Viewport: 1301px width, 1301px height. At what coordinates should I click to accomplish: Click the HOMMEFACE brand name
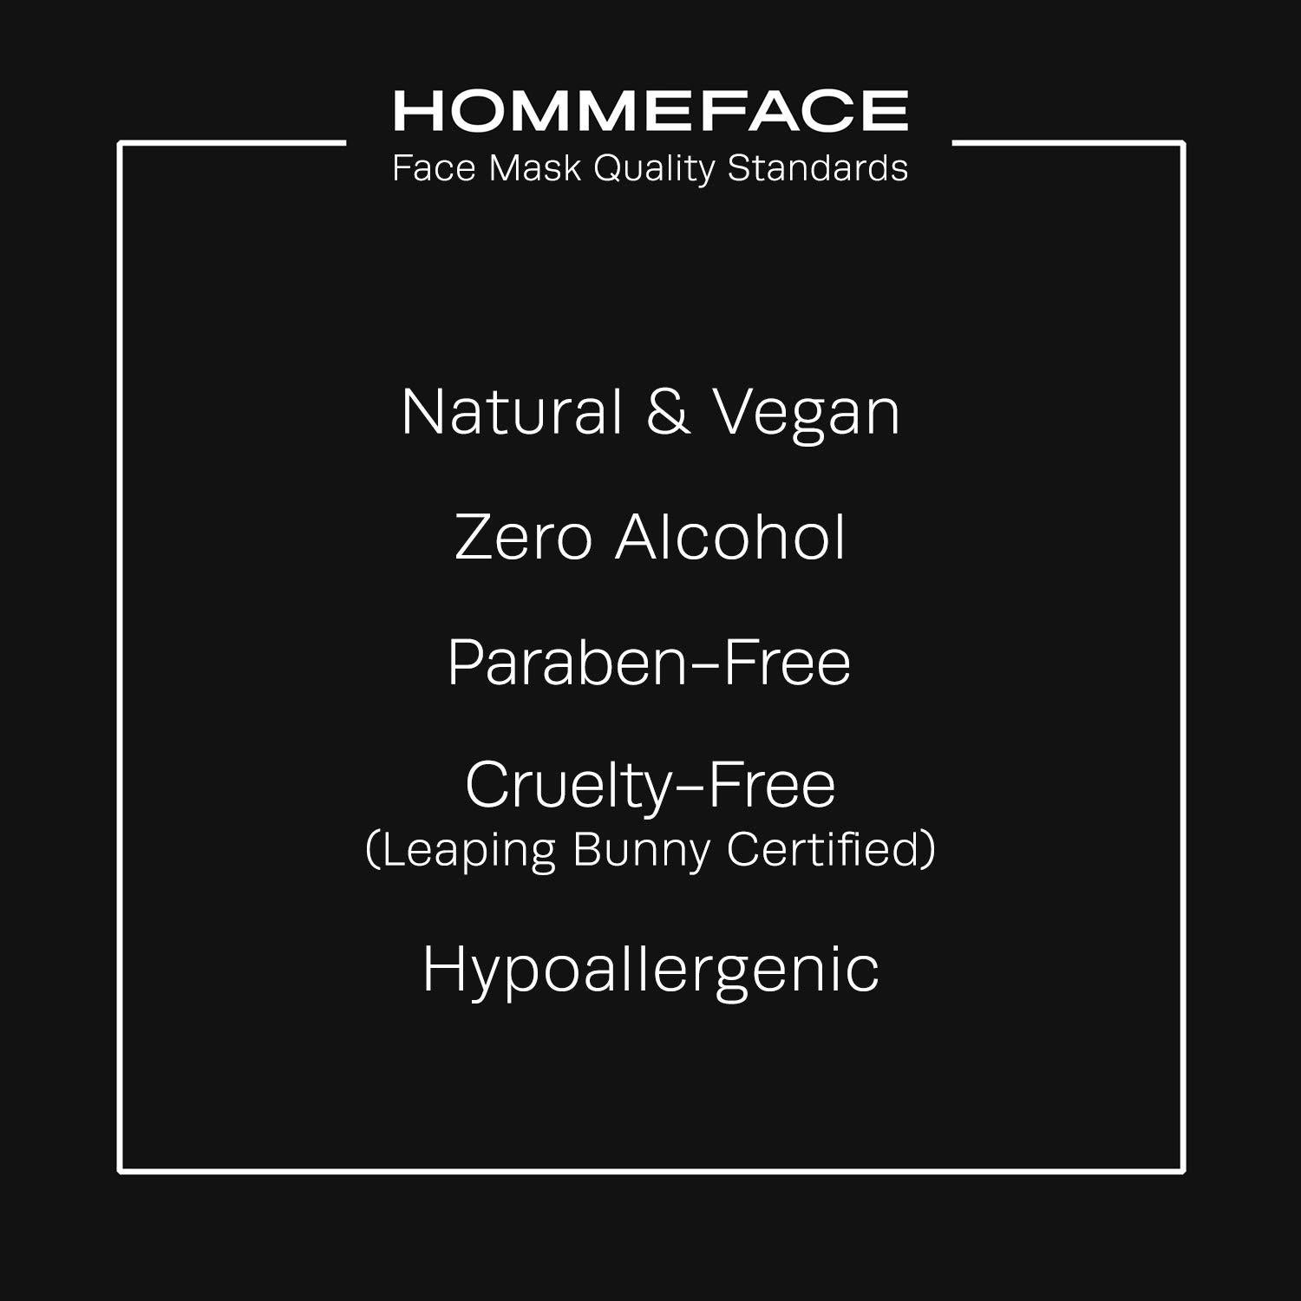(x=650, y=110)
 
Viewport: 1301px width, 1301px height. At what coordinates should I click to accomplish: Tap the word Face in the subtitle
(x=434, y=168)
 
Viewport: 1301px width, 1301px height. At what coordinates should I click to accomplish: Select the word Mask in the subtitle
(x=534, y=168)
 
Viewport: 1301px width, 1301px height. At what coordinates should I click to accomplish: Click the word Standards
(x=817, y=168)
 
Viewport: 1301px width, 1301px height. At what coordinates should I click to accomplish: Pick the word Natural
(x=512, y=412)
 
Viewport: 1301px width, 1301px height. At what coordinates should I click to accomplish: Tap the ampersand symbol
(x=668, y=412)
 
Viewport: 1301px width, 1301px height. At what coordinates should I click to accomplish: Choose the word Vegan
(x=807, y=414)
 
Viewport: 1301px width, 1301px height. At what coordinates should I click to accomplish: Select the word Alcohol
(x=729, y=538)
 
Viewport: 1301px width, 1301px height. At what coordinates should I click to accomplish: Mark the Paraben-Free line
(x=650, y=663)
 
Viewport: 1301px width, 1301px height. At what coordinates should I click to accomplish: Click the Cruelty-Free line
(x=650, y=786)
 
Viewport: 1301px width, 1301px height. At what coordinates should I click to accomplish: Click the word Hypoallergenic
(x=650, y=970)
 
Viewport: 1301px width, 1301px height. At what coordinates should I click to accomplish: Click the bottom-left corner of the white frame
(x=121, y=1171)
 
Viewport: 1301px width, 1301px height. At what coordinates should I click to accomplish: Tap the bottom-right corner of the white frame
(x=1183, y=1171)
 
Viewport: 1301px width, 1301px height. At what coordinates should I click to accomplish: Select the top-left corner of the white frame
(x=121, y=143)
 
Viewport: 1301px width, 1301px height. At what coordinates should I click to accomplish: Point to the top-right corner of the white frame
(x=1183, y=143)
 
